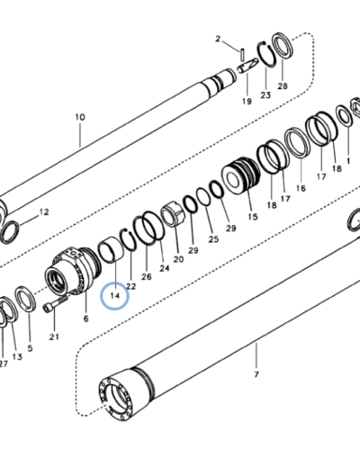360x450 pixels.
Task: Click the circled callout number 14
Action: pos(115,296)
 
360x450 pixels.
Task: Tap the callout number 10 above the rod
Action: pos(80,117)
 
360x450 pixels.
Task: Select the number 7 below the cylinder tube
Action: pos(256,374)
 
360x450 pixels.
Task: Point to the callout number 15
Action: pos(253,216)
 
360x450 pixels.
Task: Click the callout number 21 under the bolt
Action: pos(54,337)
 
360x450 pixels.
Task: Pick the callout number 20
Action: pos(178,259)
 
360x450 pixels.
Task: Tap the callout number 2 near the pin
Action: pos(218,39)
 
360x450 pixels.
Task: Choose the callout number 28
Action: pos(283,86)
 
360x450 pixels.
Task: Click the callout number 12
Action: pos(44,212)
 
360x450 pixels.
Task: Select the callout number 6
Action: pos(86,319)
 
